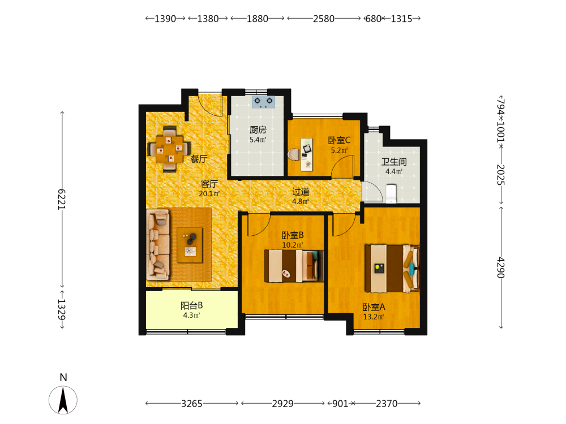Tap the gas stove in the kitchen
pyautogui.click(x=263, y=102)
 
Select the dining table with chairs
pyautogui.click(x=169, y=149)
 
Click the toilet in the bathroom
pyautogui.click(x=391, y=194)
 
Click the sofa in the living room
pyautogui.click(x=158, y=245)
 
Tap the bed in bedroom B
pyautogui.click(x=294, y=266)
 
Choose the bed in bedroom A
pyautogui.click(x=392, y=269)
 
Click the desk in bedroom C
pyautogui.click(x=307, y=154)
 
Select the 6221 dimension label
pyautogui.click(x=62, y=199)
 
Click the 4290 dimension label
pyautogui.click(x=501, y=267)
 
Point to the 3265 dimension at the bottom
pyautogui.click(x=192, y=404)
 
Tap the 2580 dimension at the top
pyautogui.click(x=324, y=19)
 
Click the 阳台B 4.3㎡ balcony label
pyautogui.click(x=192, y=310)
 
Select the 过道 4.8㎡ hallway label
pyautogui.click(x=301, y=196)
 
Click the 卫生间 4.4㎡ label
pyautogui.click(x=394, y=166)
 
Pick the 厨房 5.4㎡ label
pyautogui.click(x=258, y=135)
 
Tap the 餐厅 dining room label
pyautogui.click(x=199, y=159)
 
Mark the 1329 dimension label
pyautogui.click(x=62, y=309)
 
